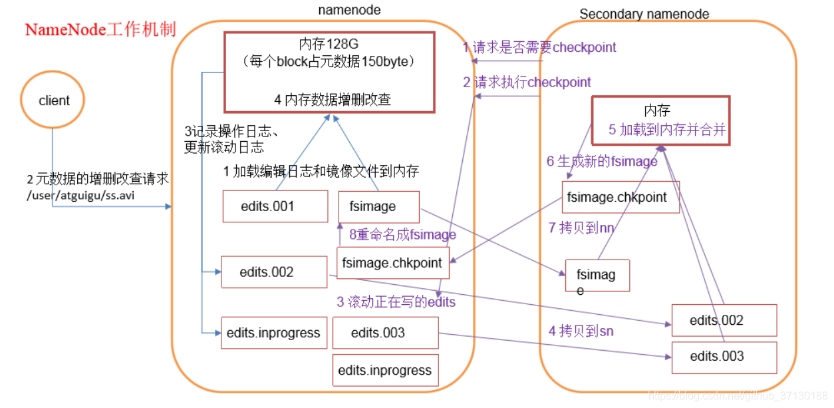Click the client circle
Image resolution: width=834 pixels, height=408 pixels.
tap(53, 101)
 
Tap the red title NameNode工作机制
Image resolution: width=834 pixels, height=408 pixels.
tap(100, 30)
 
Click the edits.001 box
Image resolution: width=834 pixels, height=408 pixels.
tap(275, 206)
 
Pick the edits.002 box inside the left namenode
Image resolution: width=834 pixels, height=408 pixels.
tap(274, 272)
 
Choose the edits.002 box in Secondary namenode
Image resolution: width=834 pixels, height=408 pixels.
tap(724, 320)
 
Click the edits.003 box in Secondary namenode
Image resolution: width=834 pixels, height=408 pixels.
tap(724, 356)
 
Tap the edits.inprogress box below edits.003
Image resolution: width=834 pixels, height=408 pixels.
tap(385, 370)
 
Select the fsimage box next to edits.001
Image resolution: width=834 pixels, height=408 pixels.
tap(378, 206)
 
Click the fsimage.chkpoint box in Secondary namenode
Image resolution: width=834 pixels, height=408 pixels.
tap(621, 198)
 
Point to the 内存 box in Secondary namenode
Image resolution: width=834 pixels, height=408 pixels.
tap(660, 120)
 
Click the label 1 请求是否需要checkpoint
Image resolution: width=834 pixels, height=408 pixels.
tap(539, 47)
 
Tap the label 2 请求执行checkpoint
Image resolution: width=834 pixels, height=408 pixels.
tap(527, 83)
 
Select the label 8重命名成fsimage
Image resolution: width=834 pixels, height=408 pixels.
tap(403, 234)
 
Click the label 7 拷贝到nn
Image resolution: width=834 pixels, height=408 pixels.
tap(581, 228)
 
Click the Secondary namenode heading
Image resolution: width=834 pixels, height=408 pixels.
tap(644, 14)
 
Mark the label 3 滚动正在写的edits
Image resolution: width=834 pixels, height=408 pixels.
tap(396, 302)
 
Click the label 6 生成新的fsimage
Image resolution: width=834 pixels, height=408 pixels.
tap(602, 161)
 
